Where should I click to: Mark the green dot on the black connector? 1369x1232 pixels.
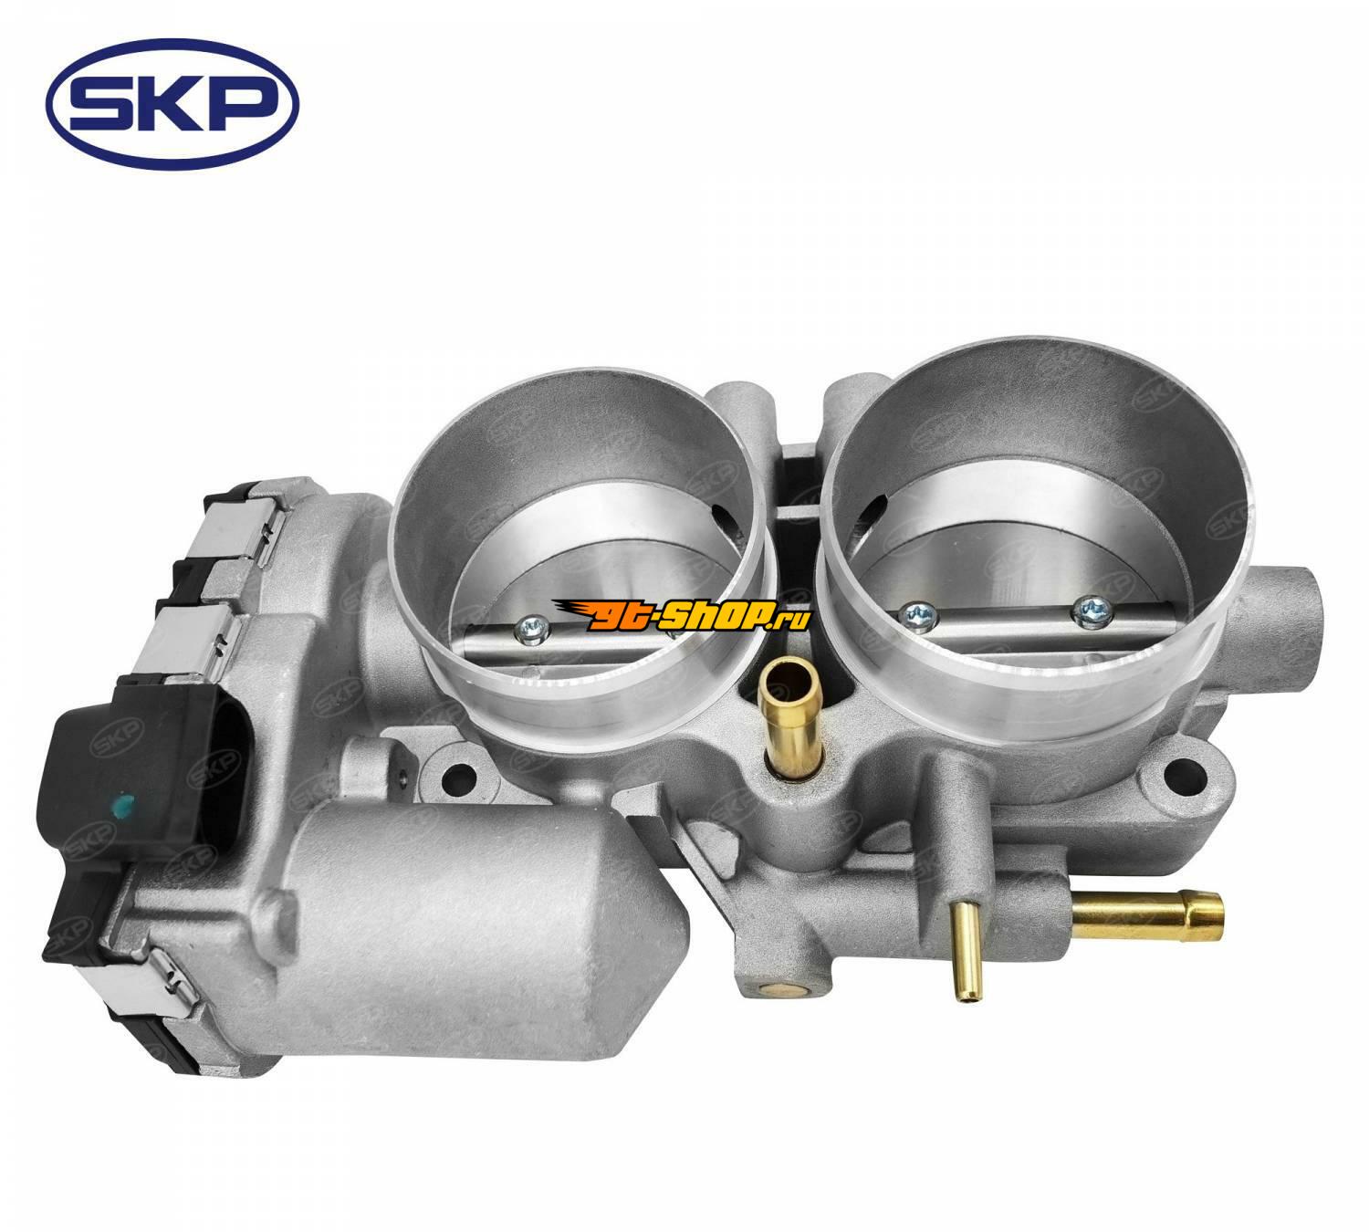coord(123,805)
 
